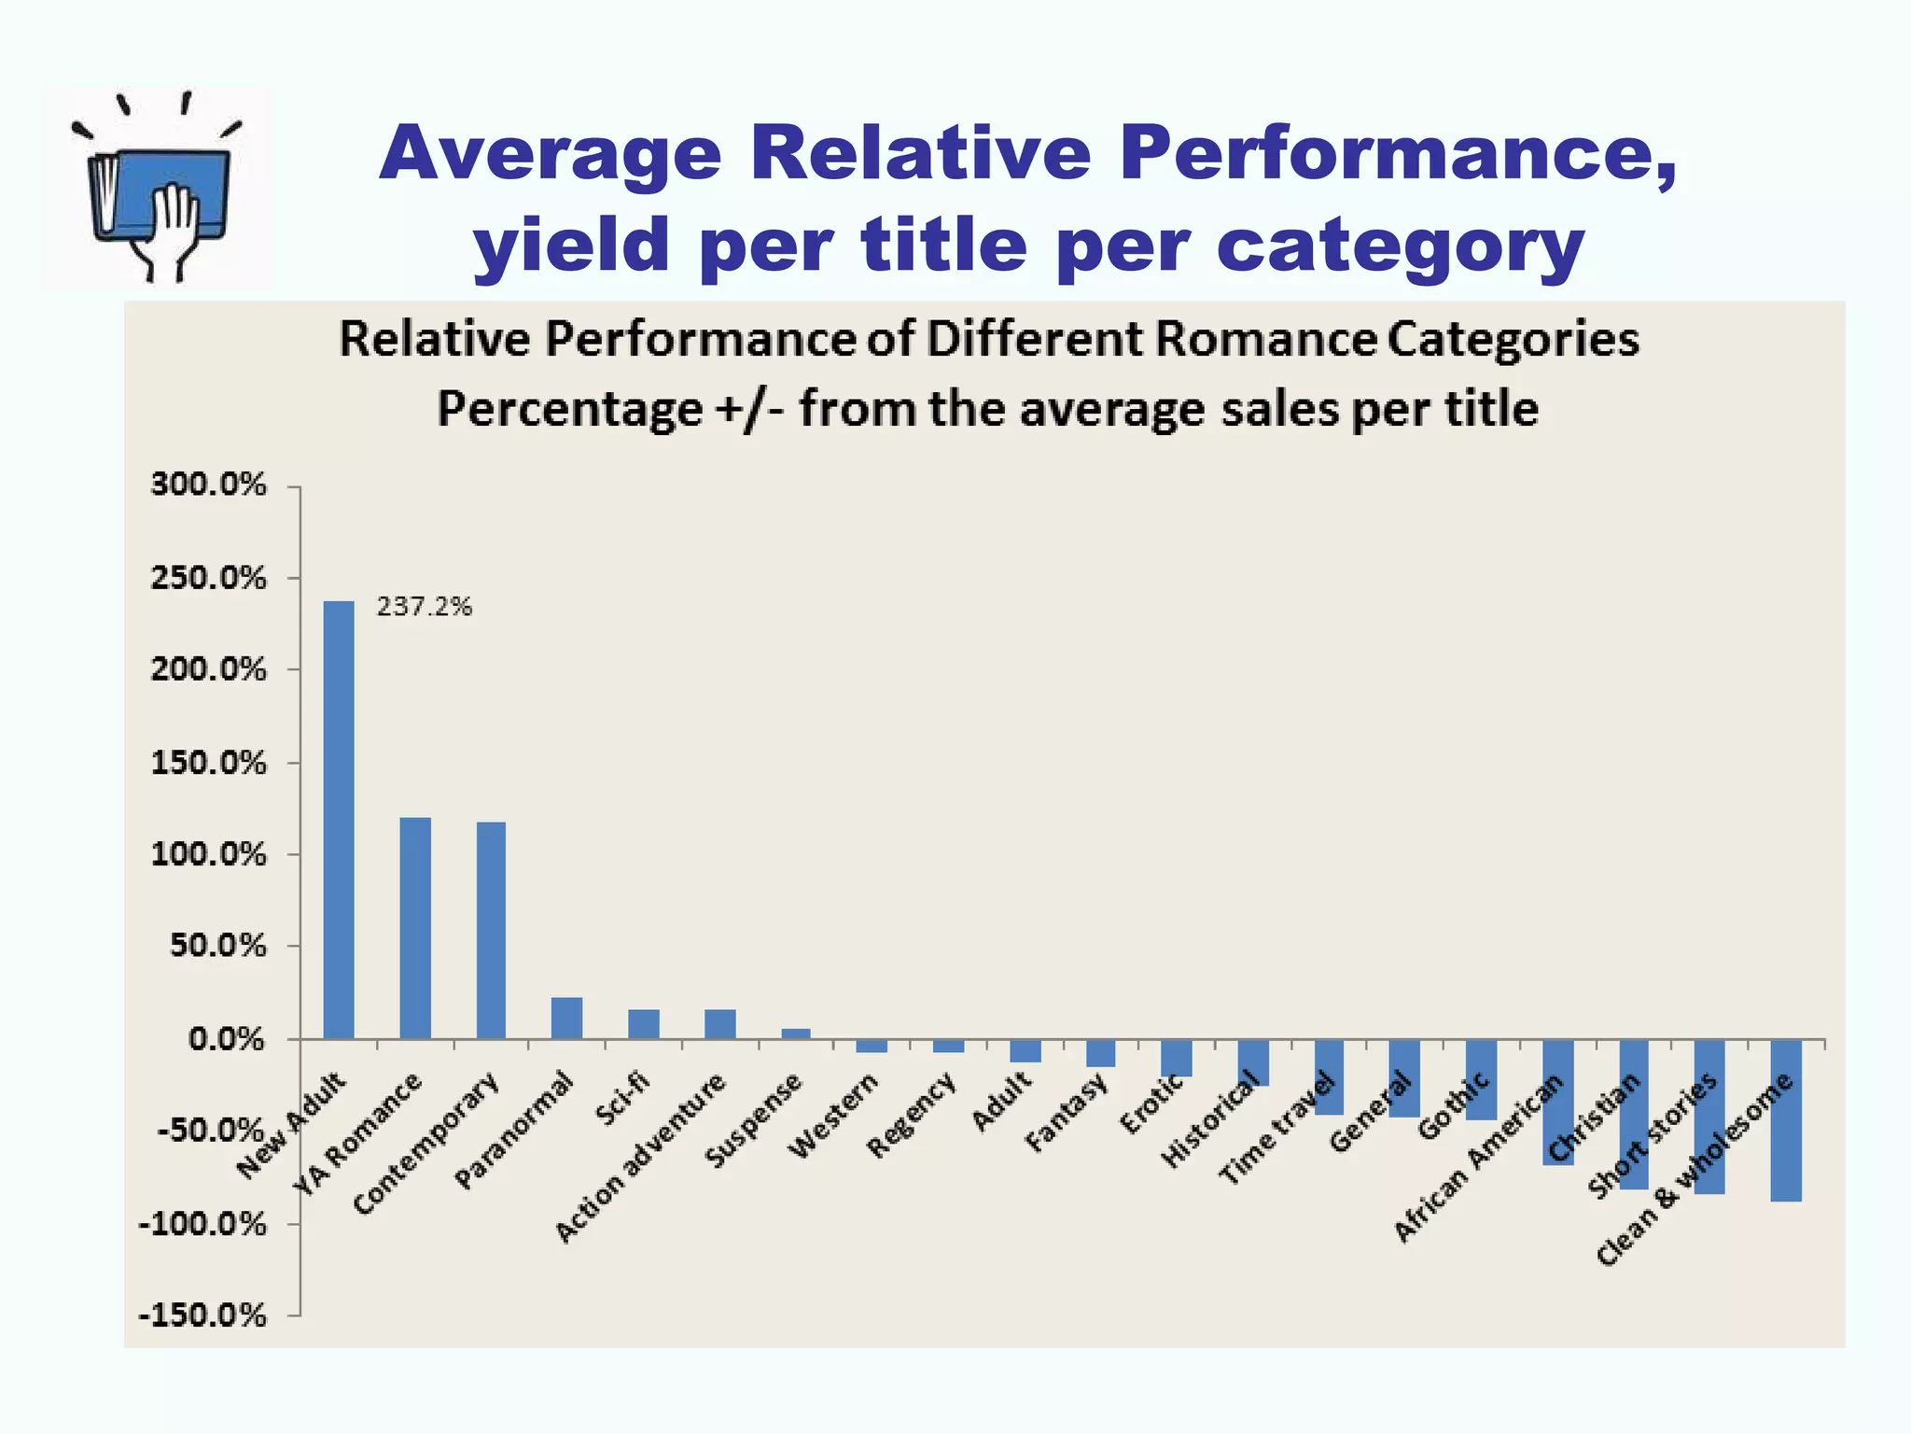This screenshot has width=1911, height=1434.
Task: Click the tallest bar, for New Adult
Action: (x=339, y=820)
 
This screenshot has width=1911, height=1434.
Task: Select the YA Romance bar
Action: (x=415, y=928)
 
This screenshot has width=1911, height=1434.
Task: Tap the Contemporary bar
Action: (x=492, y=930)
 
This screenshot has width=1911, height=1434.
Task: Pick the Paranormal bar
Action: (x=567, y=1018)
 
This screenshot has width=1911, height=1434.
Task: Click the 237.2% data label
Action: (x=425, y=607)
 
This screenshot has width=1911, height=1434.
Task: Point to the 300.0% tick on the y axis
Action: (x=208, y=485)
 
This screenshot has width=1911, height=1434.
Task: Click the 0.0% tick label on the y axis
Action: (x=227, y=1039)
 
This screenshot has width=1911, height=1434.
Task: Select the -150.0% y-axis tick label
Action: (x=202, y=1315)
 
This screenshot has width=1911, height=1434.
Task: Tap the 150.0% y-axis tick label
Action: (x=208, y=763)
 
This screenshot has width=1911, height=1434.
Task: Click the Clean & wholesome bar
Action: (x=1786, y=1120)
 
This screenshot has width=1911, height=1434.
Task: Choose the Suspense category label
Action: (x=753, y=1120)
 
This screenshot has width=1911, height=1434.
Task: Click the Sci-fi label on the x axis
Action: (x=622, y=1100)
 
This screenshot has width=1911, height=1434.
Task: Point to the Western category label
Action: (x=833, y=1117)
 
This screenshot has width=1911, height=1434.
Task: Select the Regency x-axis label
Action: (x=912, y=1116)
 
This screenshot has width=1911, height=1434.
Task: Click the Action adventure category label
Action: (x=640, y=1158)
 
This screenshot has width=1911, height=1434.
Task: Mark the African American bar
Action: (x=1557, y=1103)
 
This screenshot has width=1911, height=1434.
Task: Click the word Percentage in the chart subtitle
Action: (x=570, y=409)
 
